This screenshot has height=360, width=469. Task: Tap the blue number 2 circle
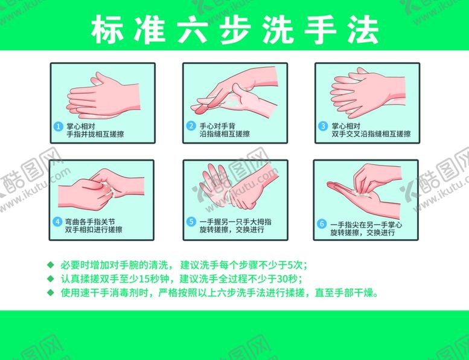[191, 126]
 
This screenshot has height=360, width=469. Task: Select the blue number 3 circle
[323, 126]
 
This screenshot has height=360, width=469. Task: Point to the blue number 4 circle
[58, 222]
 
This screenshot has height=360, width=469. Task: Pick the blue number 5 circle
[191, 222]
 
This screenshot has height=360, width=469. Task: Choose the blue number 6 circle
[322, 225]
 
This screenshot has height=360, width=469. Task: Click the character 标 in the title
[107, 30]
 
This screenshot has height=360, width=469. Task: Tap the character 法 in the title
[363, 30]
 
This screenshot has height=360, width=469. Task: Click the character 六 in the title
[193, 30]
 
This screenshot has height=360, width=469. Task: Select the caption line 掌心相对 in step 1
[81, 126]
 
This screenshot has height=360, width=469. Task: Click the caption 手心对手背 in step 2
[217, 126]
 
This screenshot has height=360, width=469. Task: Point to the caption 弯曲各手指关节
[90, 222]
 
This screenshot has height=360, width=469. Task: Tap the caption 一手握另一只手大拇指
[235, 222]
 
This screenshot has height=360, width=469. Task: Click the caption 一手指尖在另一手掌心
[366, 225]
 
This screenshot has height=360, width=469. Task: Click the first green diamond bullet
[51, 265]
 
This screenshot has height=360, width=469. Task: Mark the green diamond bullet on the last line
[51, 292]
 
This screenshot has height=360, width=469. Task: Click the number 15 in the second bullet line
[144, 279]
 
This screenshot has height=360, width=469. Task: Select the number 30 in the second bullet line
[282, 279]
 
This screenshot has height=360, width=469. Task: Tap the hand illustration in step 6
[365, 191]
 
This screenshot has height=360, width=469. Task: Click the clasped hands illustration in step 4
[101, 189]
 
